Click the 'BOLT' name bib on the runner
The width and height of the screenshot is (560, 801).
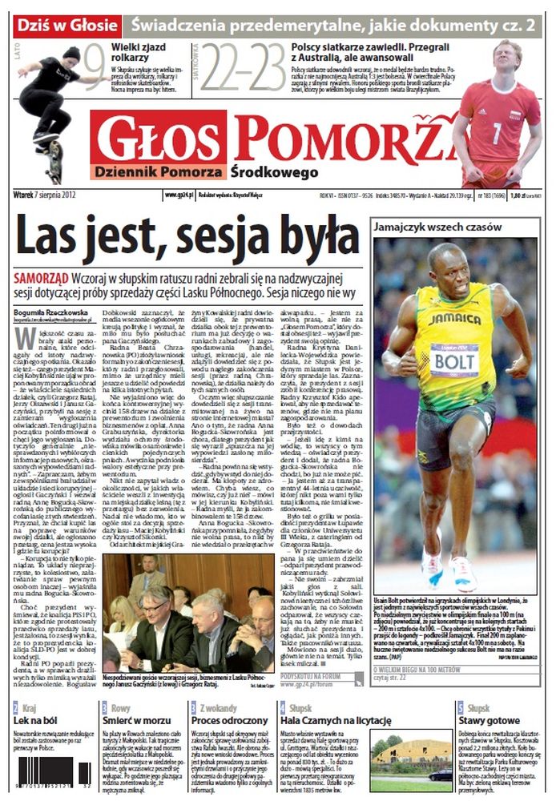tap(454, 362)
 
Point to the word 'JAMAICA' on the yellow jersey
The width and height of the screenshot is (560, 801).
tap(454, 318)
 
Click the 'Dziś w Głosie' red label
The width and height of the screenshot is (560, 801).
tap(68, 25)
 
